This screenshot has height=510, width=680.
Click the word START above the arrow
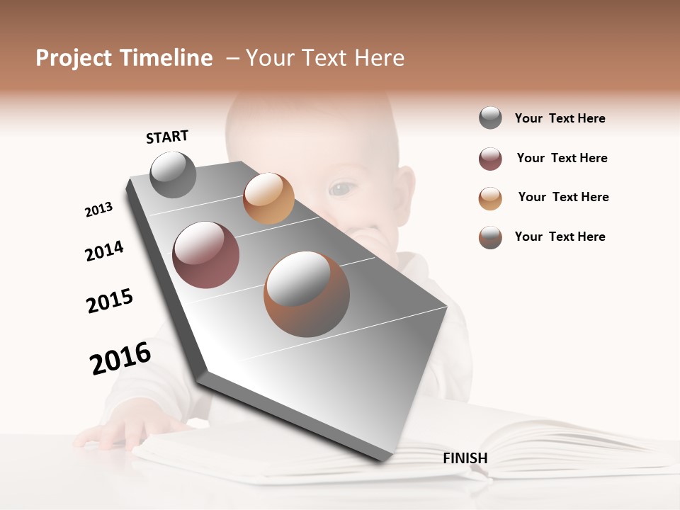[x=167, y=137]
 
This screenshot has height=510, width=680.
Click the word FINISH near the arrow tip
[x=465, y=458]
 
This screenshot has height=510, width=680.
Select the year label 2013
[x=98, y=210]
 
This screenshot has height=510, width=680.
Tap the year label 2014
[x=104, y=251]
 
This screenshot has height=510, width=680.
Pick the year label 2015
[x=110, y=301]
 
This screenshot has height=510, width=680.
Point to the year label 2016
[x=120, y=358]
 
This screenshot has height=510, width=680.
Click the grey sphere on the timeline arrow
[x=173, y=175]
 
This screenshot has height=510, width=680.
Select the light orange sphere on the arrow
[x=268, y=198]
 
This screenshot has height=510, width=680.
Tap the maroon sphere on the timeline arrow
[x=206, y=255]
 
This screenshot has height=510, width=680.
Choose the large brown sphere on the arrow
[x=307, y=294]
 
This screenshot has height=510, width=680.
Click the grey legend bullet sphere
[x=490, y=118]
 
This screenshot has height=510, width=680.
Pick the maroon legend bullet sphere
[x=490, y=159]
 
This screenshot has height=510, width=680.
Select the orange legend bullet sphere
[x=490, y=198]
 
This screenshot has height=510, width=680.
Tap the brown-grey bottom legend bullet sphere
[x=490, y=237]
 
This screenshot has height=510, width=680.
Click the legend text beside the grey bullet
[x=560, y=118]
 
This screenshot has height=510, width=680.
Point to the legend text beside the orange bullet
[x=563, y=197]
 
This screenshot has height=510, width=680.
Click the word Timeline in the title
[x=166, y=58]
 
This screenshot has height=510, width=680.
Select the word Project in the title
[x=74, y=58]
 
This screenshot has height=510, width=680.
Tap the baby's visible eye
[x=341, y=188]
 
